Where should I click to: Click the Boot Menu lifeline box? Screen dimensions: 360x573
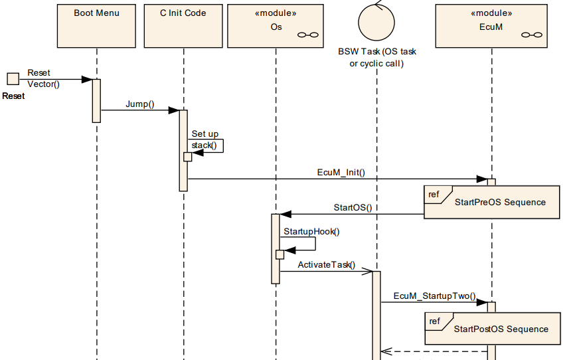(96, 25)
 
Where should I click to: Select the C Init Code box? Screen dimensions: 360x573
(183, 25)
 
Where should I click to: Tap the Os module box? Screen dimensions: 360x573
(276, 25)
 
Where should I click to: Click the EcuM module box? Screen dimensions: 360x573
(491, 25)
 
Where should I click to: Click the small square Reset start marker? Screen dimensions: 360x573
(13, 80)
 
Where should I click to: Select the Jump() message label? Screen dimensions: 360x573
(139, 104)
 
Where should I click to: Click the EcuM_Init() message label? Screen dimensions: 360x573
(341, 171)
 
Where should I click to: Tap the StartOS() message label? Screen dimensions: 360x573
(352, 207)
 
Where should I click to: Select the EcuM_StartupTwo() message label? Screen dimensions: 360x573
(435, 296)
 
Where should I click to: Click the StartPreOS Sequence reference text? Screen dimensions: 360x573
(499, 202)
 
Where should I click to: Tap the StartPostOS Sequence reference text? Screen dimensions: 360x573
(501, 329)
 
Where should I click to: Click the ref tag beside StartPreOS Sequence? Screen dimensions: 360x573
(434, 195)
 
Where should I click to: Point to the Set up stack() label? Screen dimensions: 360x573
(205, 139)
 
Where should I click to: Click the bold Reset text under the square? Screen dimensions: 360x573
(13, 96)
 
